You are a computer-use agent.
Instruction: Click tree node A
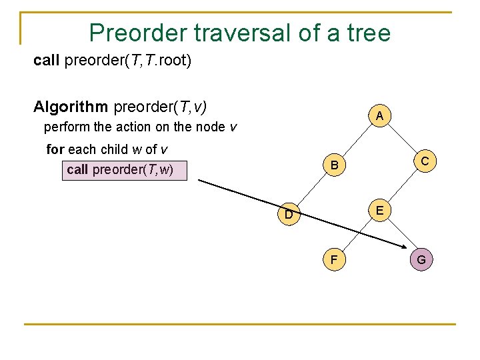379,116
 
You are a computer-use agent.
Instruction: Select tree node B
334,165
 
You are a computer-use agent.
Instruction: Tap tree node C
424,161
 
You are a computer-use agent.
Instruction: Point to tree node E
379,211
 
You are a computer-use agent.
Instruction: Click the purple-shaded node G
421,259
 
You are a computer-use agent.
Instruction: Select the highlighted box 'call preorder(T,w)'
125,169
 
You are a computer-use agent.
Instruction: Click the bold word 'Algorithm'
71,107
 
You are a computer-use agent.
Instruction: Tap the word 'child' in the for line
113,149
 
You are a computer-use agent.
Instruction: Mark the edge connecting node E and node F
356,235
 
